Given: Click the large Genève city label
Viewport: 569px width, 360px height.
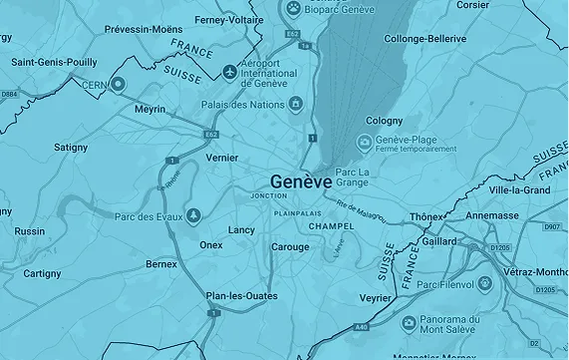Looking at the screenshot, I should tap(300, 181).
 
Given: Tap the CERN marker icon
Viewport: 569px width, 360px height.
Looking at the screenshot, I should tap(119, 84).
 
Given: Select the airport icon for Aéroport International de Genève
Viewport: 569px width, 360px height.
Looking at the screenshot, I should tap(231, 73).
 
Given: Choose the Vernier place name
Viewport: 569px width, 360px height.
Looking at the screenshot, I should tap(221, 158).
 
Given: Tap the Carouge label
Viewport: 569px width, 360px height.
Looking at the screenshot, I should tap(290, 246).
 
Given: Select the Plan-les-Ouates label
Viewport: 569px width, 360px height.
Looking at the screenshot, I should tap(237, 295).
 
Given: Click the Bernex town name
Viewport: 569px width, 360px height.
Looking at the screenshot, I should tap(160, 264).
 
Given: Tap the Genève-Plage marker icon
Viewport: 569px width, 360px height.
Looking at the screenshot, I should tap(364, 143).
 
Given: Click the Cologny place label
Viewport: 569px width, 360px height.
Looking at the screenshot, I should tap(385, 120).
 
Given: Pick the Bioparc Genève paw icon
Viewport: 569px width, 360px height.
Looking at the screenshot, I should tap(294, 9).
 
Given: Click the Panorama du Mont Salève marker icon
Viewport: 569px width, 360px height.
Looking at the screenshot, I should tap(409, 323).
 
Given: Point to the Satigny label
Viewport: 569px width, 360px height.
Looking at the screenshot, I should tap(70, 147).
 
